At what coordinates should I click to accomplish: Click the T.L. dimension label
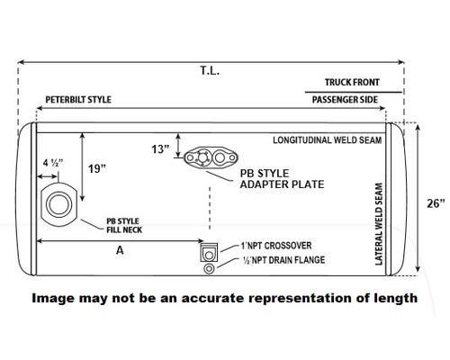pos(210,71)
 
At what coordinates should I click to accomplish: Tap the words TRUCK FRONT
pos(352,82)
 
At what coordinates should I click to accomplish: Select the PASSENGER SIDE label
pos(345,100)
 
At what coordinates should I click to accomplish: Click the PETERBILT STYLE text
pos(78,100)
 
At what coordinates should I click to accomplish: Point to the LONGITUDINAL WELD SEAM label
pos(328,140)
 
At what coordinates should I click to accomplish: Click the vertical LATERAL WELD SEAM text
pos(379,224)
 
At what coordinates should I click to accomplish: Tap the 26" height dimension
pos(436,203)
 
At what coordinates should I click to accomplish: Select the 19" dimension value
pos(97,168)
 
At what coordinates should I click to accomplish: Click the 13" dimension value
pos(160,149)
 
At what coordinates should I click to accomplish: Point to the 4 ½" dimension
pos(53,163)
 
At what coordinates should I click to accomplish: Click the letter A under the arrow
pos(120,250)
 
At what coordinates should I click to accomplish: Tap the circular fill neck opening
pos(58,204)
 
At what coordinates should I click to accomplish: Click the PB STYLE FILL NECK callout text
pos(124,226)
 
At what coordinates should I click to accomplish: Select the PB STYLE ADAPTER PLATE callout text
pos(282,179)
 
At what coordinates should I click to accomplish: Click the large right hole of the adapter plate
pos(220,157)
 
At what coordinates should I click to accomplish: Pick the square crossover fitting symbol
pos(209,252)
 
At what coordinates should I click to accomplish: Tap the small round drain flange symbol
pos(209,269)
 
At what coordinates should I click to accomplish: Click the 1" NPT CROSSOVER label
pos(276,246)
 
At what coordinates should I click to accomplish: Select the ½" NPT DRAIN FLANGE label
pos(283,260)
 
